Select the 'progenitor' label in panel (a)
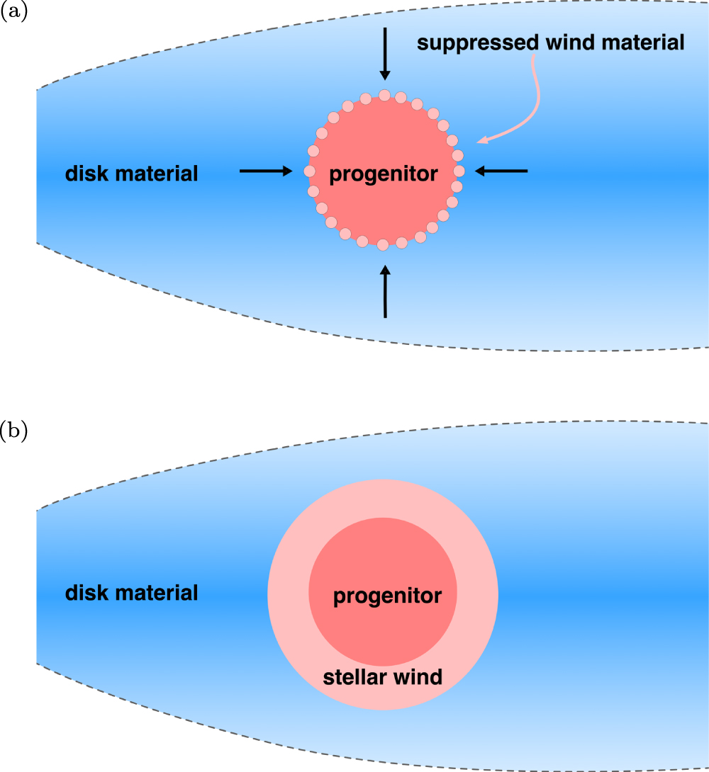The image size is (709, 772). click(384, 174)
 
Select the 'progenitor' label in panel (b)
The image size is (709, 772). click(387, 596)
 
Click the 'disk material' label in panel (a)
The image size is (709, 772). click(131, 173)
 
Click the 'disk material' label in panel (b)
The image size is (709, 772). click(131, 592)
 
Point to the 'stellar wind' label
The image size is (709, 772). click(382, 677)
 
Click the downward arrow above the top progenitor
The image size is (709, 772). click(385, 53)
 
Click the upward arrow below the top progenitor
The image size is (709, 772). click(385, 290)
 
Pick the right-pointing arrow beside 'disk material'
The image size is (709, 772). click(266, 171)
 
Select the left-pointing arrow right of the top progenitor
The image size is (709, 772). click(501, 170)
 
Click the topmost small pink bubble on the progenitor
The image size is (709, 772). click(384, 95)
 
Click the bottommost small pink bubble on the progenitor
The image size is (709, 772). click(384, 245)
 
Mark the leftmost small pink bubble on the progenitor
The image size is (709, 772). click(308, 171)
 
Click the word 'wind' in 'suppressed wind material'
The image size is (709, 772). click(559, 42)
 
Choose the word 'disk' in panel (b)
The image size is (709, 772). click(87, 592)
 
